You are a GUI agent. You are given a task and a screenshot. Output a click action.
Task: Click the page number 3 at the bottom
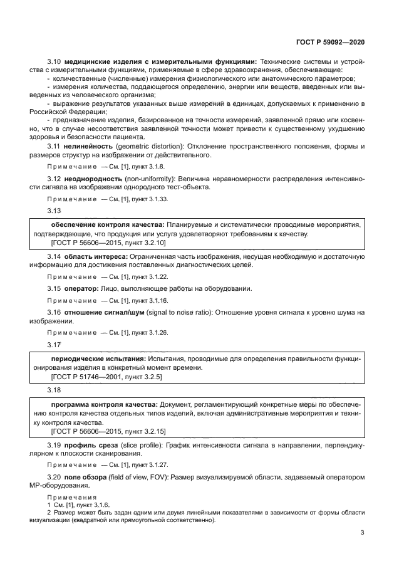click(x=363, y=533)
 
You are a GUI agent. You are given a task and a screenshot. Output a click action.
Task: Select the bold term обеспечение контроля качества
click(x=98, y=224)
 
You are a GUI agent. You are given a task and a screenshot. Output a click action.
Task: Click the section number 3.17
click(x=54, y=344)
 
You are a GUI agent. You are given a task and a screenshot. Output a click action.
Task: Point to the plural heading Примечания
click(x=70, y=497)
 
